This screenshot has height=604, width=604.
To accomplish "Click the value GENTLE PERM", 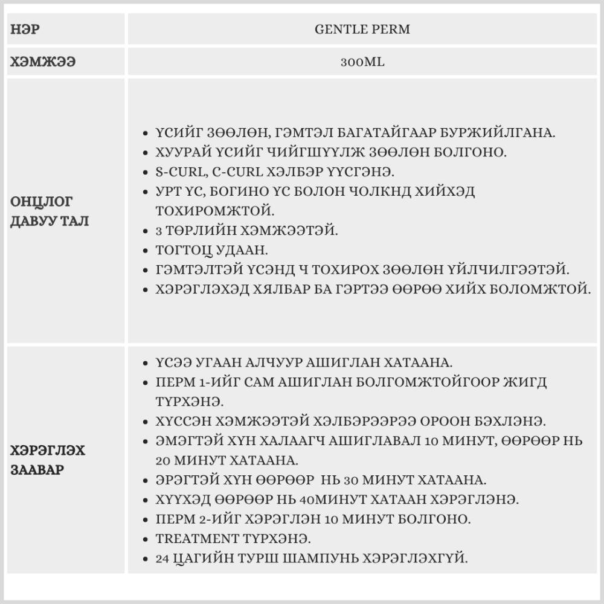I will (x=362, y=29).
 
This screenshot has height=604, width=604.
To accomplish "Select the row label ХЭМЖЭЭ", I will (x=43, y=62).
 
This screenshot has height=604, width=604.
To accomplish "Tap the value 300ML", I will (x=362, y=62).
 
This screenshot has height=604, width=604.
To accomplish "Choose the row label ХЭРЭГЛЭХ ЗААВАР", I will (x=48, y=460).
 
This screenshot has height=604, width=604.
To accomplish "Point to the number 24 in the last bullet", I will (x=162, y=557).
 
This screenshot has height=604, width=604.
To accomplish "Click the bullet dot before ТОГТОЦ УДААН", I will (x=145, y=250).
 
